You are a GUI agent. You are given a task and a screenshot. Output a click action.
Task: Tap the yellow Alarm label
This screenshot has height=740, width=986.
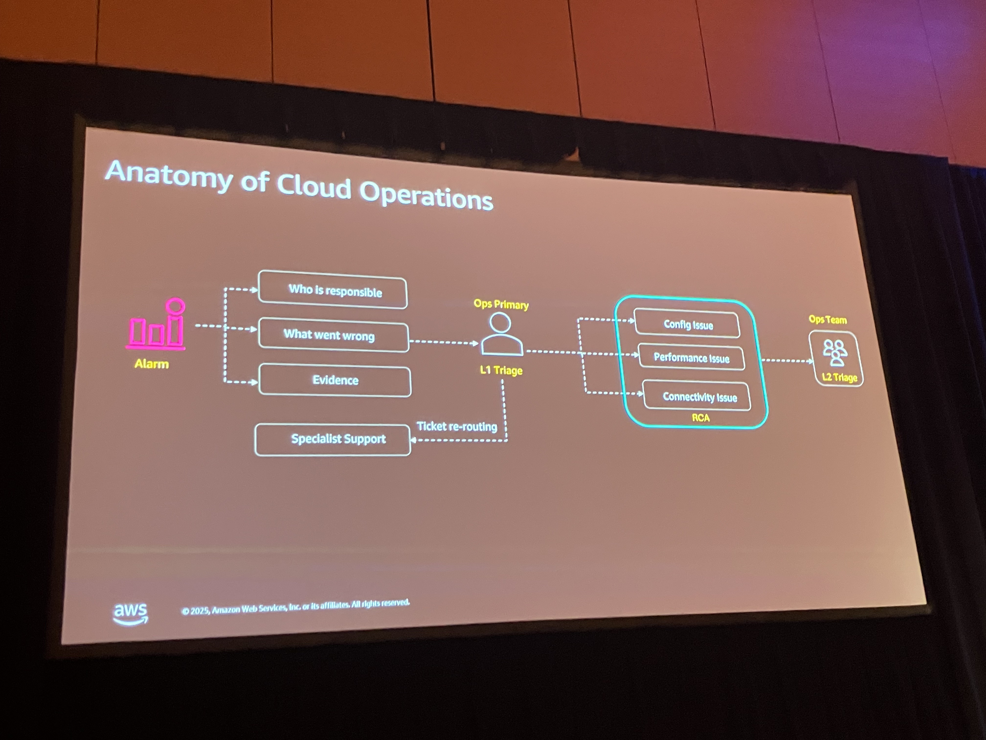pos(152,364)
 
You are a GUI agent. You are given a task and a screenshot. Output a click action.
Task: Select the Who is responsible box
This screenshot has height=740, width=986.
pos(333,290)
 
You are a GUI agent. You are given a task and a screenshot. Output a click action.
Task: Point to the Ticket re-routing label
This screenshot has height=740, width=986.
pos(457,427)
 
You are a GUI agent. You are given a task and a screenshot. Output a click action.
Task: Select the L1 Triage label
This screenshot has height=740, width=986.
pos(501,370)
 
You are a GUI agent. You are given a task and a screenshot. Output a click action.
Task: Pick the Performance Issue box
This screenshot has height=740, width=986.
pos(691,358)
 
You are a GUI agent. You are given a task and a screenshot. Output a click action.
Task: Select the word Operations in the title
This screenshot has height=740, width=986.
pos(426,195)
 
